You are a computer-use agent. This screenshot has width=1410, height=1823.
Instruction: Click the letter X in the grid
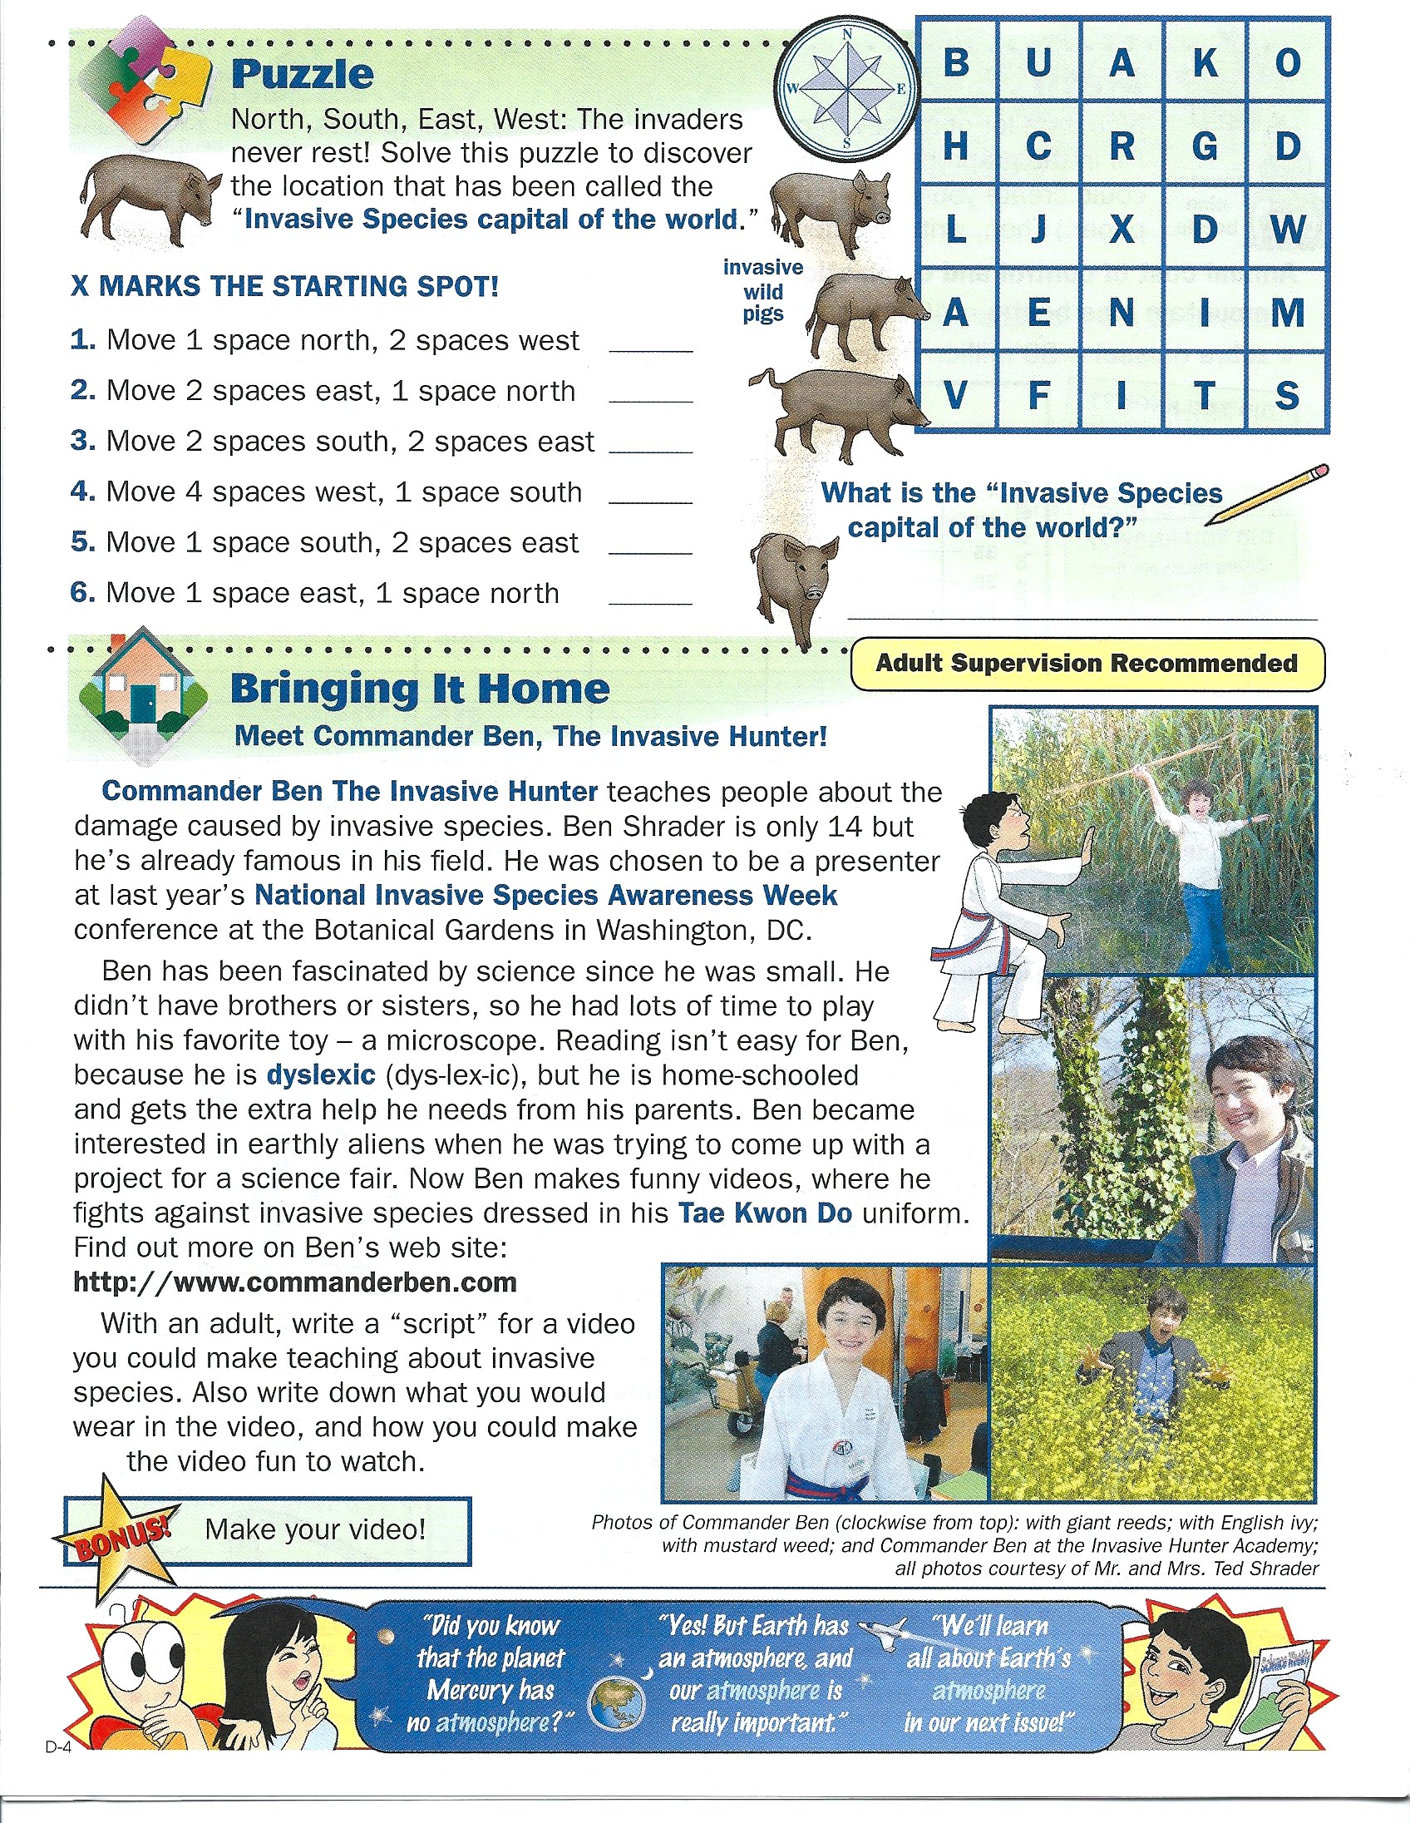click(x=1122, y=229)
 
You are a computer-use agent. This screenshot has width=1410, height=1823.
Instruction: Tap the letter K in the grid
click(x=1205, y=62)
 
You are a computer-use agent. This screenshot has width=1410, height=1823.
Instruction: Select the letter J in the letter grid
click(x=1038, y=229)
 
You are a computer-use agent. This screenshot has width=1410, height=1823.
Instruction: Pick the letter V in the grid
click(x=955, y=396)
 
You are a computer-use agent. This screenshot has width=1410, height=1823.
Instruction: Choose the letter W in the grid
click(x=1288, y=229)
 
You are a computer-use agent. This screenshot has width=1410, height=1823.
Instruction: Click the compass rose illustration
click(x=848, y=88)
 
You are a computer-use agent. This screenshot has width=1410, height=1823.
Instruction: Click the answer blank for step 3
click(x=651, y=444)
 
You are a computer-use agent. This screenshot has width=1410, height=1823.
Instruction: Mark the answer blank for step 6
click(x=651, y=595)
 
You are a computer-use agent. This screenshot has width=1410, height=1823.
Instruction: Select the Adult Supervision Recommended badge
click(x=1087, y=664)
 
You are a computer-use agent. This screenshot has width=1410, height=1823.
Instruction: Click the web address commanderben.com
click(x=295, y=1282)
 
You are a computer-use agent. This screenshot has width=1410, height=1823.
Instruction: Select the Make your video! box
click(x=315, y=1529)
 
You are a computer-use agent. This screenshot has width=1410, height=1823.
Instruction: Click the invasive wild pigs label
click(x=762, y=290)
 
